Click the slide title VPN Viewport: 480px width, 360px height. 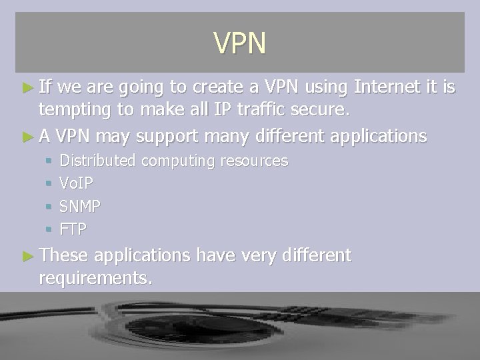tap(240, 43)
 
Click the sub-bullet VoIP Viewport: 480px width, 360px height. tap(76, 183)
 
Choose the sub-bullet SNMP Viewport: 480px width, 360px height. tap(80, 207)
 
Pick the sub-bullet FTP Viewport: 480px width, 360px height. tap(73, 229)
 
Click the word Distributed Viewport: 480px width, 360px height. tap(98, 161)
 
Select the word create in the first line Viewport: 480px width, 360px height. tap(221, 86)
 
